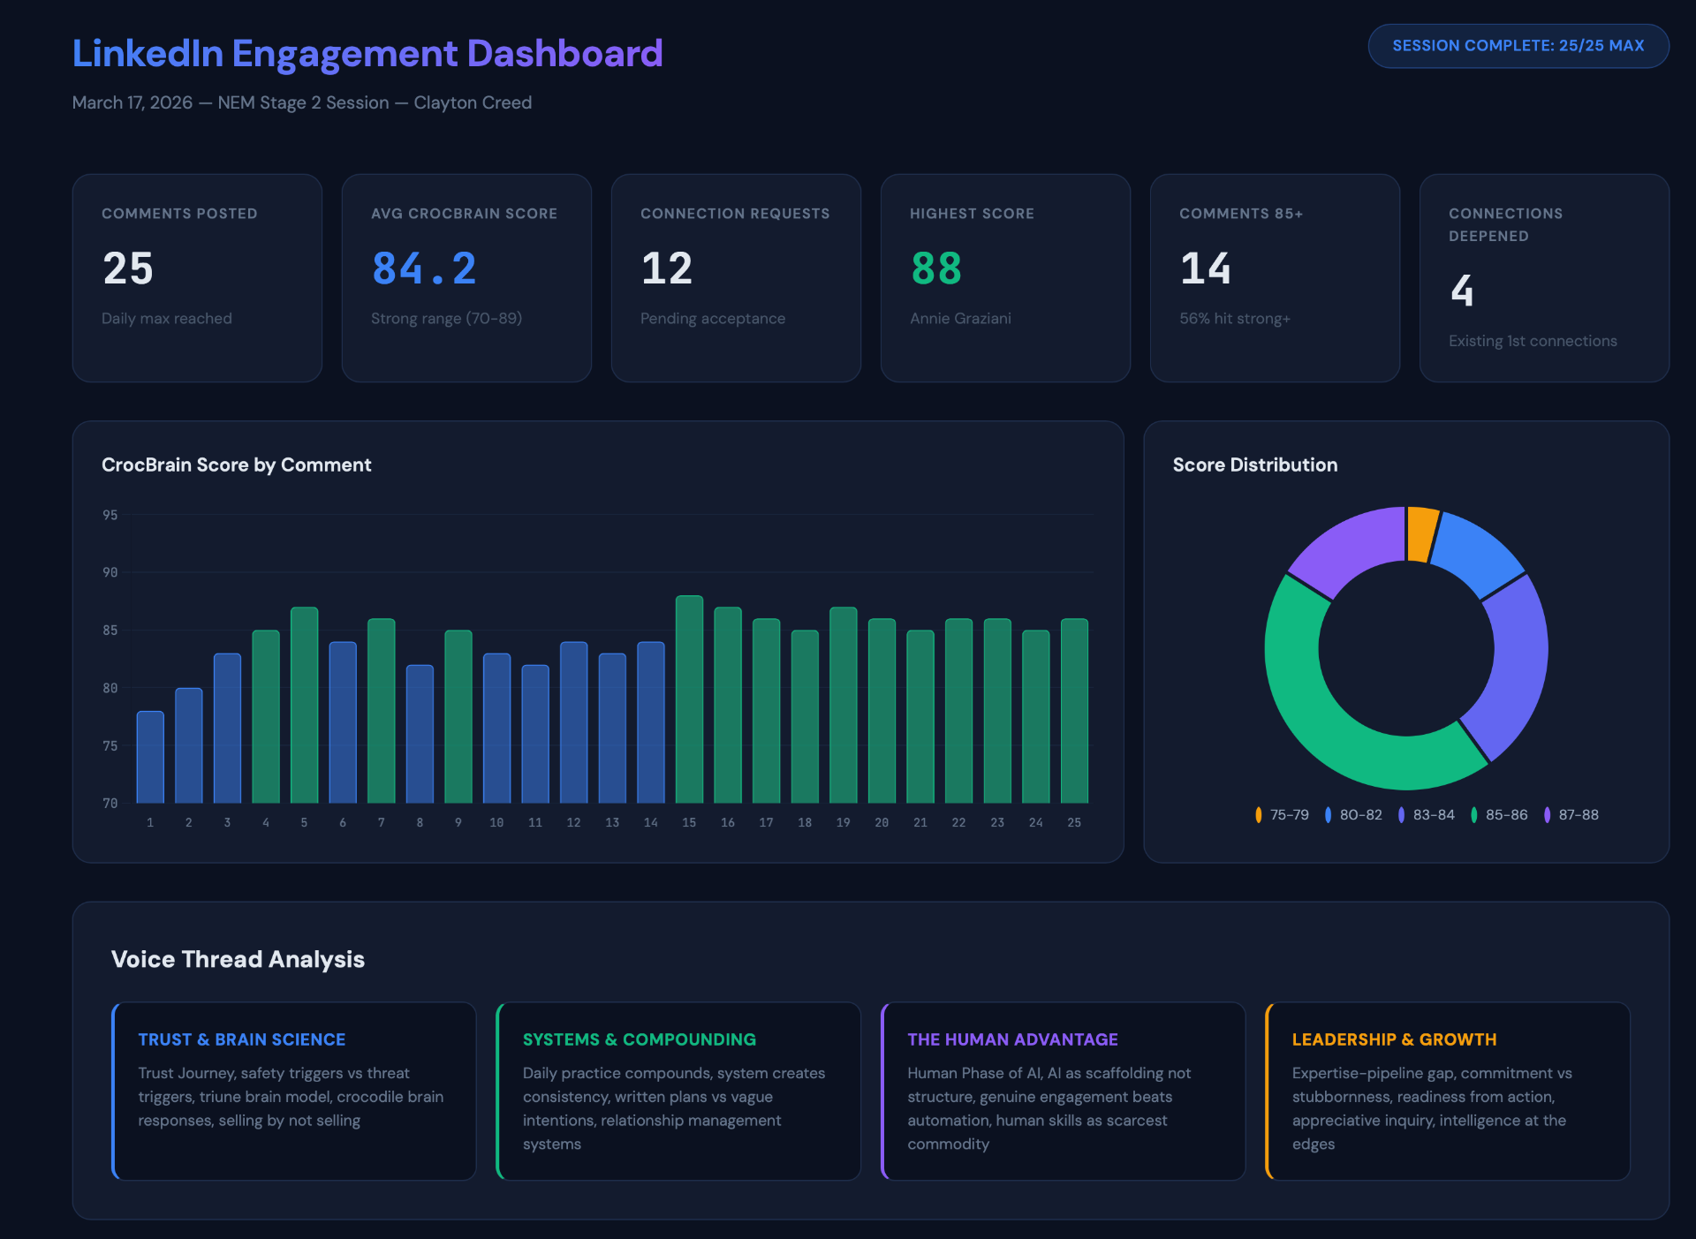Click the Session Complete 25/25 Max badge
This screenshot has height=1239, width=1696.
(x=1518, y=46)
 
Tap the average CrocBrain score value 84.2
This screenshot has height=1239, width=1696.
(x=424, y=268)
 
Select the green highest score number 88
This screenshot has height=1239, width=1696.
(x=935, y=268)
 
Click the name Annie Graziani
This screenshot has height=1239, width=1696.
(x=960, y=319)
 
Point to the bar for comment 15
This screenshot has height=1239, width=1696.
(x=689, y=699)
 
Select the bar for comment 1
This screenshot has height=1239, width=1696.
(x=150, y=757)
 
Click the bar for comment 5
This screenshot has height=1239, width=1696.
(x=304, y=705)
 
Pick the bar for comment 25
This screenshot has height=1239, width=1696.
(x=1074, y=711)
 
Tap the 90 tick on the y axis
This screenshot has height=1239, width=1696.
(x=110, y=572)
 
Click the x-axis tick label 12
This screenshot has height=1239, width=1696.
(x=573, y=822)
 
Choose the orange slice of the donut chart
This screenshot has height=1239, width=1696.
(x=1421, y=533)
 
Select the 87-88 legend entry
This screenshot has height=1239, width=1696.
(x=1571, y=815)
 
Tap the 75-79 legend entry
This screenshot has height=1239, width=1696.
(x=1282, y=815)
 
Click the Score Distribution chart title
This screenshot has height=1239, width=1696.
(x=1254, y=465)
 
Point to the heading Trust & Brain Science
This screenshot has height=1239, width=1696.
(x=241, y=1039)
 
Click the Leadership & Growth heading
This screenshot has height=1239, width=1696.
(x=1394, y=1039)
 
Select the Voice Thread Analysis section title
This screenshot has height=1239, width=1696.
(x=238, y=959)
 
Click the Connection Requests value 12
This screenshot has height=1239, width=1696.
(x=667, y=268)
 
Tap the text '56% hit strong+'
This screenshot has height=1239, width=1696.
(x=1234, y=319)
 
